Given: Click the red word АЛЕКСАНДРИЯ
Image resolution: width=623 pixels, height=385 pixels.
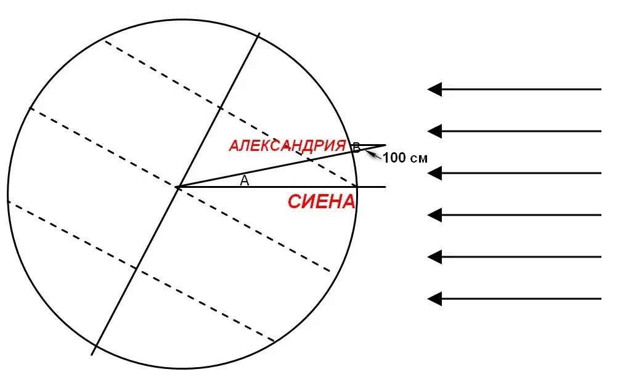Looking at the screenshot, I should (x=287, y=145).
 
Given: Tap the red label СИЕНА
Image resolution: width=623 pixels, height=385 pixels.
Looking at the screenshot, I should (x=322, y=201).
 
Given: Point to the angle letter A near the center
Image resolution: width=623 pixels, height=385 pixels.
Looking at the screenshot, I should (x=244, y=180).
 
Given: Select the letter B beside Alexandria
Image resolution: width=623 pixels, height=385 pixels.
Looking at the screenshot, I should (x=356, y=147).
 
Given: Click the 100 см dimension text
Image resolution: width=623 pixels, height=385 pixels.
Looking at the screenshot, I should (x=405, y=158).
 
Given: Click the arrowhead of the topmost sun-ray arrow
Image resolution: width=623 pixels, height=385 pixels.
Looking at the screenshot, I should (x=434, y=89).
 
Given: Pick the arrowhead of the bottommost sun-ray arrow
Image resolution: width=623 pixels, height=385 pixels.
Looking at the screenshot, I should (x=434, y=299).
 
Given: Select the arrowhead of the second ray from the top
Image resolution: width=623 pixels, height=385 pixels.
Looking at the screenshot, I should (x=434, y=131).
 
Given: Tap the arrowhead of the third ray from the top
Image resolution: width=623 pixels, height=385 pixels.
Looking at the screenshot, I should (x=434, y=173).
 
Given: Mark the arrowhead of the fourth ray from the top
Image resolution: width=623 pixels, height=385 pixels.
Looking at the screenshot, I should (x=434, y=215).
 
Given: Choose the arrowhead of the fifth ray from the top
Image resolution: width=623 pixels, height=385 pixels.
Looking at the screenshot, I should (x=434, y=256).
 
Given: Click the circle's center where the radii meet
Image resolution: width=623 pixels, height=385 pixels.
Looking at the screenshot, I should (x=177, y=186).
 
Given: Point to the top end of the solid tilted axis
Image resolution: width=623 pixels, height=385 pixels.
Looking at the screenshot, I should (x=259, y=34).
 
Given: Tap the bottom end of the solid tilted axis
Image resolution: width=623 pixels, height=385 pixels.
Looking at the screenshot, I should (x=92, y=354).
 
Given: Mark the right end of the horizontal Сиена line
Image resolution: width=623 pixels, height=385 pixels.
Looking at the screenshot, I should (x=385, y=187).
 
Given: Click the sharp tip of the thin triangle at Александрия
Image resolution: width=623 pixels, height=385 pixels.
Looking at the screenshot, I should (x=386, y=145).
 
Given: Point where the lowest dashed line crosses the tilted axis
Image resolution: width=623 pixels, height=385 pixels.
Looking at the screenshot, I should (x=136, y=268).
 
